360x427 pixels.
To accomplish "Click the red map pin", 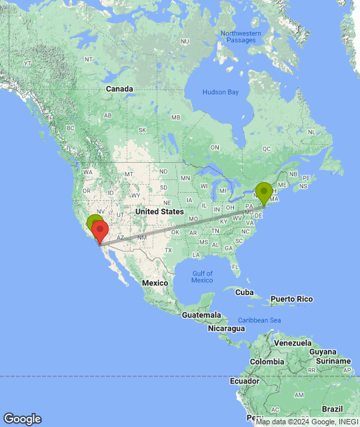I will [100, 232].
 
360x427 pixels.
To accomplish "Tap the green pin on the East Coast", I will [264, 192].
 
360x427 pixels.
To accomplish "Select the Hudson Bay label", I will [220, 92].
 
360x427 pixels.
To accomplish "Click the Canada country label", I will [120, 89].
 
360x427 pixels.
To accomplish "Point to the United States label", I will [159, 211].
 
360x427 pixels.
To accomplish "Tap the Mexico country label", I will [154, 283].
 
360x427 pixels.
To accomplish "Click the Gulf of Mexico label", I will [202, 276].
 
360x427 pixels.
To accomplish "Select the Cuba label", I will [245, 292].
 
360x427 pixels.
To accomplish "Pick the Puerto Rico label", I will [291, 298].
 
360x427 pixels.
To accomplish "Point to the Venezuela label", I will [293, 342].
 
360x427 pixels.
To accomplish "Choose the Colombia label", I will [267, 362].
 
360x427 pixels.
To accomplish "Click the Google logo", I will [22, 419].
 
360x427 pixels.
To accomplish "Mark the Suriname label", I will [334, 361].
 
